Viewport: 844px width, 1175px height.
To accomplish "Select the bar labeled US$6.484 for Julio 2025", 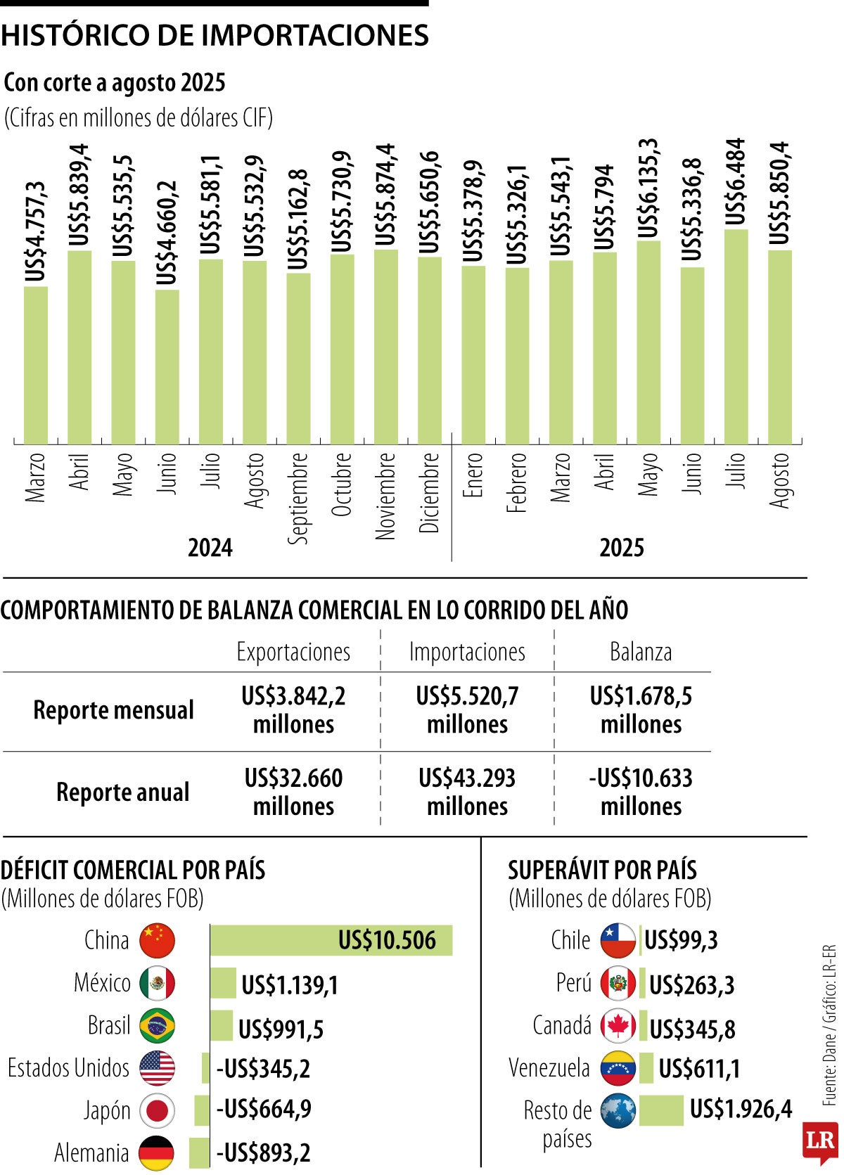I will [x=736, y=338].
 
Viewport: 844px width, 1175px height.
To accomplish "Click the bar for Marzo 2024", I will [x=36, y=366].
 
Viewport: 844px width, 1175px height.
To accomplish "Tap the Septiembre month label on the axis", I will [x=299, y=497].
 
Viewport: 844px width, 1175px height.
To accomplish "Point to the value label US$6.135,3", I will [x=648, y=188].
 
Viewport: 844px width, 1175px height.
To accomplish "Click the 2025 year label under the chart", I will [x=621, y=548].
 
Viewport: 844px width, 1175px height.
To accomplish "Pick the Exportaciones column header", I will [x=293, y=652].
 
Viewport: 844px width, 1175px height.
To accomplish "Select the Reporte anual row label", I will [x=122, y=792].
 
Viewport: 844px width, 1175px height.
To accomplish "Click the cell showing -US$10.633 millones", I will [x=640, y=792].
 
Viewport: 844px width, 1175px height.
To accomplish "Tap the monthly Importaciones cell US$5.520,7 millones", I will [x=467, y=710].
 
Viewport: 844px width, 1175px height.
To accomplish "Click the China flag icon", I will [x=157, y=941].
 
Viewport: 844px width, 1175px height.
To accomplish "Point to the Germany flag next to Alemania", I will [x=156, y=1153].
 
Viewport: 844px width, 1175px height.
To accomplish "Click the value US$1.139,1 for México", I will [x=290, y=985].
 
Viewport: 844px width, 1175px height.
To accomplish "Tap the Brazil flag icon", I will [x=157, y=1027].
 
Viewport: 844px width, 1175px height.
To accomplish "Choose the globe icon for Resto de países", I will [x=618, y=1112].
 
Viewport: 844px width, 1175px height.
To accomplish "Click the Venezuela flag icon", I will [x=618, y=1069].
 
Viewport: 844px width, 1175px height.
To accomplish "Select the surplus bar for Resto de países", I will [x=660, y=1111].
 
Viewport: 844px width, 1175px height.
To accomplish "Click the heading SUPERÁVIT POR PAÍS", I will [x=602, y=871].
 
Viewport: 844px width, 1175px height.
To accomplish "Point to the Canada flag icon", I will [x=618, y=1027].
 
